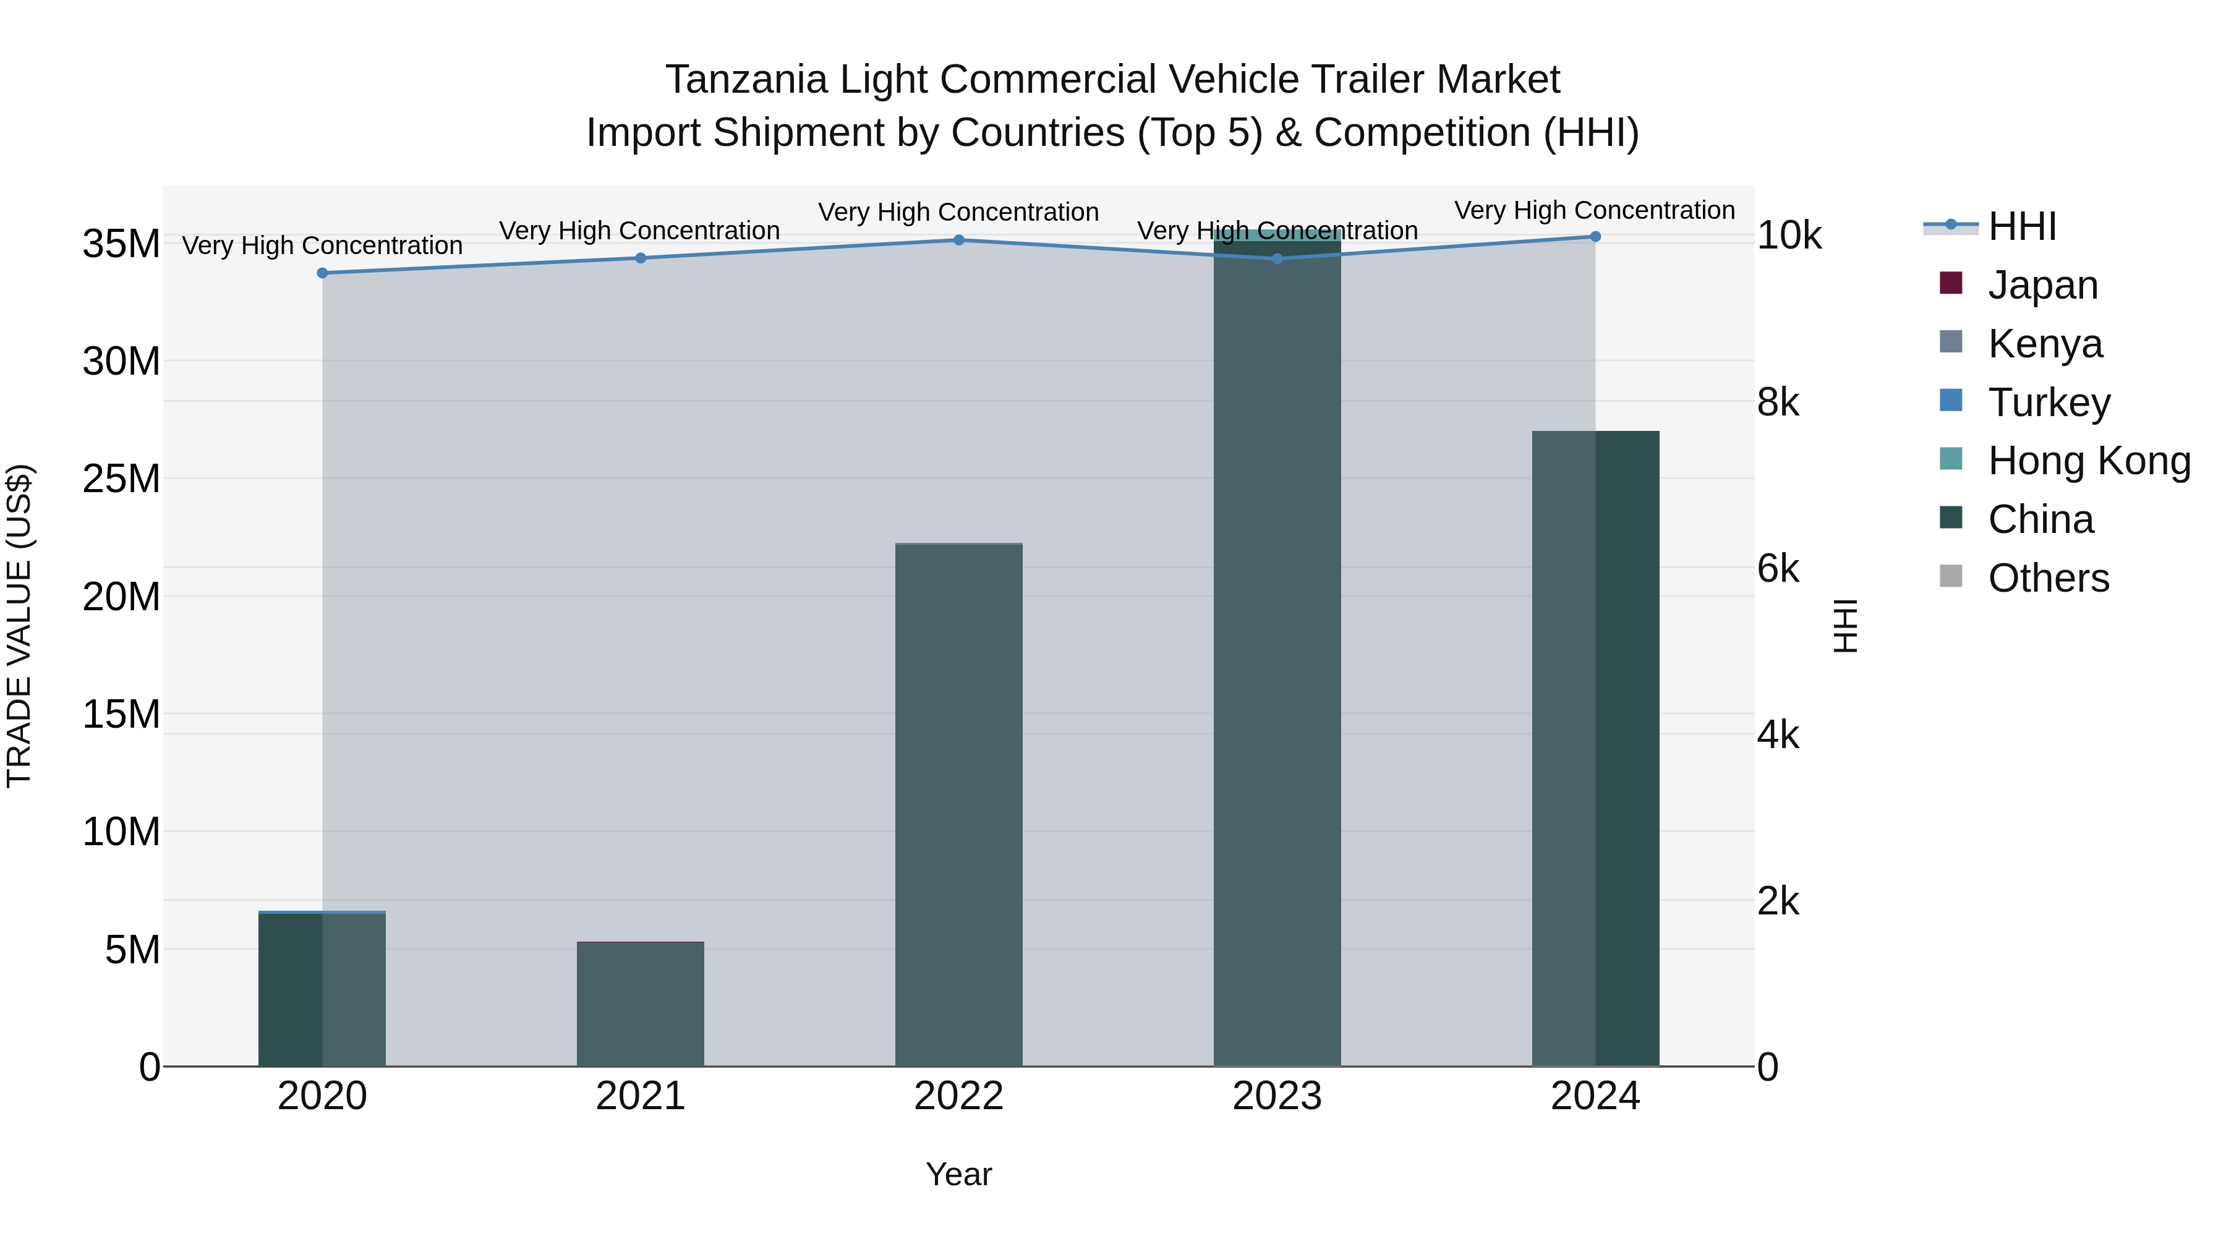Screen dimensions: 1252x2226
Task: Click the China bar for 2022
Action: coord(958,804)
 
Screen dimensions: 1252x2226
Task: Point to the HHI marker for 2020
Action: coord(322,273)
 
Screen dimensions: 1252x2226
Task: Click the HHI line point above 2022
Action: coord(958,241)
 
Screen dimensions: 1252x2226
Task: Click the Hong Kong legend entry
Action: coord(2089,461)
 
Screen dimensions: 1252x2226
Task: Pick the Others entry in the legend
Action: coord(2048,578)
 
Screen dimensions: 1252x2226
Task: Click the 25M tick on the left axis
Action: coord(121,479)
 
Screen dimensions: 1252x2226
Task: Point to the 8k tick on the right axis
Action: coord(1778,402)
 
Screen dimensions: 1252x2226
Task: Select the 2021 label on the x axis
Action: coord(641,1096)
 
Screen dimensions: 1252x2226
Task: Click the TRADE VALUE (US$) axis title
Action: coord(19,626)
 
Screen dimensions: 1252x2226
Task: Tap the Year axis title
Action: coord(958,1174)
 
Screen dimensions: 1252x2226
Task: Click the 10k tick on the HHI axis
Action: coord(1789,236)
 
